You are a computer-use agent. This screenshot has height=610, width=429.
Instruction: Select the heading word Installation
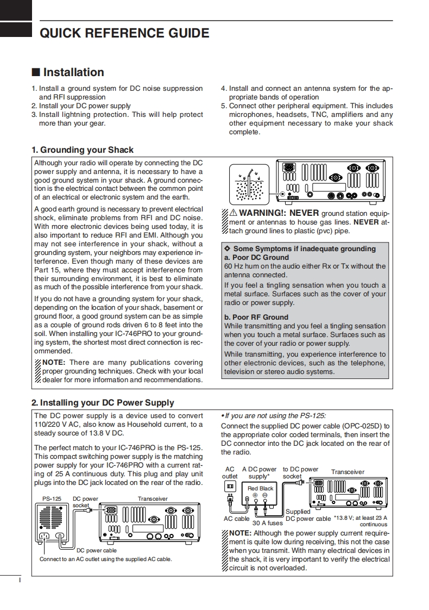tap(73, 72)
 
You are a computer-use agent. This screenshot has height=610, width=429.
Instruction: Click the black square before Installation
tap(35, 72)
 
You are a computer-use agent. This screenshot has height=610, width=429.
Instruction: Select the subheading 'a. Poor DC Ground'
tap(256, 257)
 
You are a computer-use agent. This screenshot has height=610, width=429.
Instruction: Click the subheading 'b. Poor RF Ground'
tap(256, 317)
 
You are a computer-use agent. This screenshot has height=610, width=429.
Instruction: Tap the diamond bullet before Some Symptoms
tap(228, 248)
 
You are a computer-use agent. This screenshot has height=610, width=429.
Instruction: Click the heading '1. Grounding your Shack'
tap(82, 150)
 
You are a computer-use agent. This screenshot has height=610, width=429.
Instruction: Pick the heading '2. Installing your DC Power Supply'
tap(103, 403)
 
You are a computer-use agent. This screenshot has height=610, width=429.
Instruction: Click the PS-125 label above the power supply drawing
tap(52, 499)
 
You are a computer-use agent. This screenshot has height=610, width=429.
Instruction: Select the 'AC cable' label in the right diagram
tap(236, 519)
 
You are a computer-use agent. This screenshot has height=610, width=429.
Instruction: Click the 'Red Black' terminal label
tap(261, 488)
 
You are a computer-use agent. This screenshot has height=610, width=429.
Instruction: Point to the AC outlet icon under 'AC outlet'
tap(230, 485)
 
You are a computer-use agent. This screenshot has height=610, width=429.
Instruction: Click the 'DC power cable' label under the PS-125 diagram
tap(96, 550)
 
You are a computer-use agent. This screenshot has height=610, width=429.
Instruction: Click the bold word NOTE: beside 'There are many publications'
tap(54, 363)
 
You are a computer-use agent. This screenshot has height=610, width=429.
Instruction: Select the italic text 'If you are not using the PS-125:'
tap(274, 415)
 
